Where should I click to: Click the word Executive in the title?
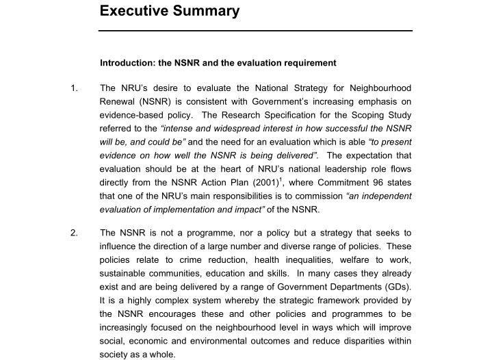134,11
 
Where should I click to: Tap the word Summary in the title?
206,11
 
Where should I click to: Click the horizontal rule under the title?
256,31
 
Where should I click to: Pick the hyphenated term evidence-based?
135,117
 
